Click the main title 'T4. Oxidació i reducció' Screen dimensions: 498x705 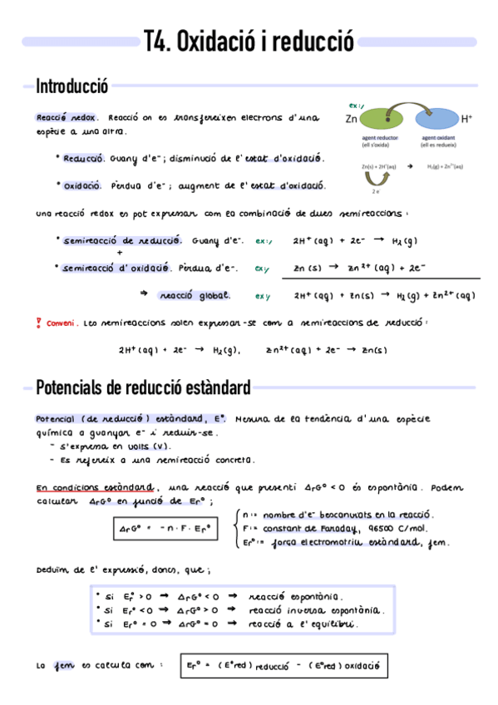coord(249,41)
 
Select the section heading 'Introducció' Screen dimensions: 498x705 coord(72,86)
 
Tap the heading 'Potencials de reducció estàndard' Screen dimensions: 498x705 coord(143,387)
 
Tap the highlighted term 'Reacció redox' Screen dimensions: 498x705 coord(67,118)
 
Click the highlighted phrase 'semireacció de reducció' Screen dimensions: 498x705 coord(122,240)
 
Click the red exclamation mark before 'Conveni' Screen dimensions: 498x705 coord(39,323)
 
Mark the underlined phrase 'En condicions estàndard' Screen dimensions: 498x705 coord(94,487)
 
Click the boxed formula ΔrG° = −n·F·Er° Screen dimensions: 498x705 coord(163,529)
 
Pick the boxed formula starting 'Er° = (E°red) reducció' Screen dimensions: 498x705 coord(283,666)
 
